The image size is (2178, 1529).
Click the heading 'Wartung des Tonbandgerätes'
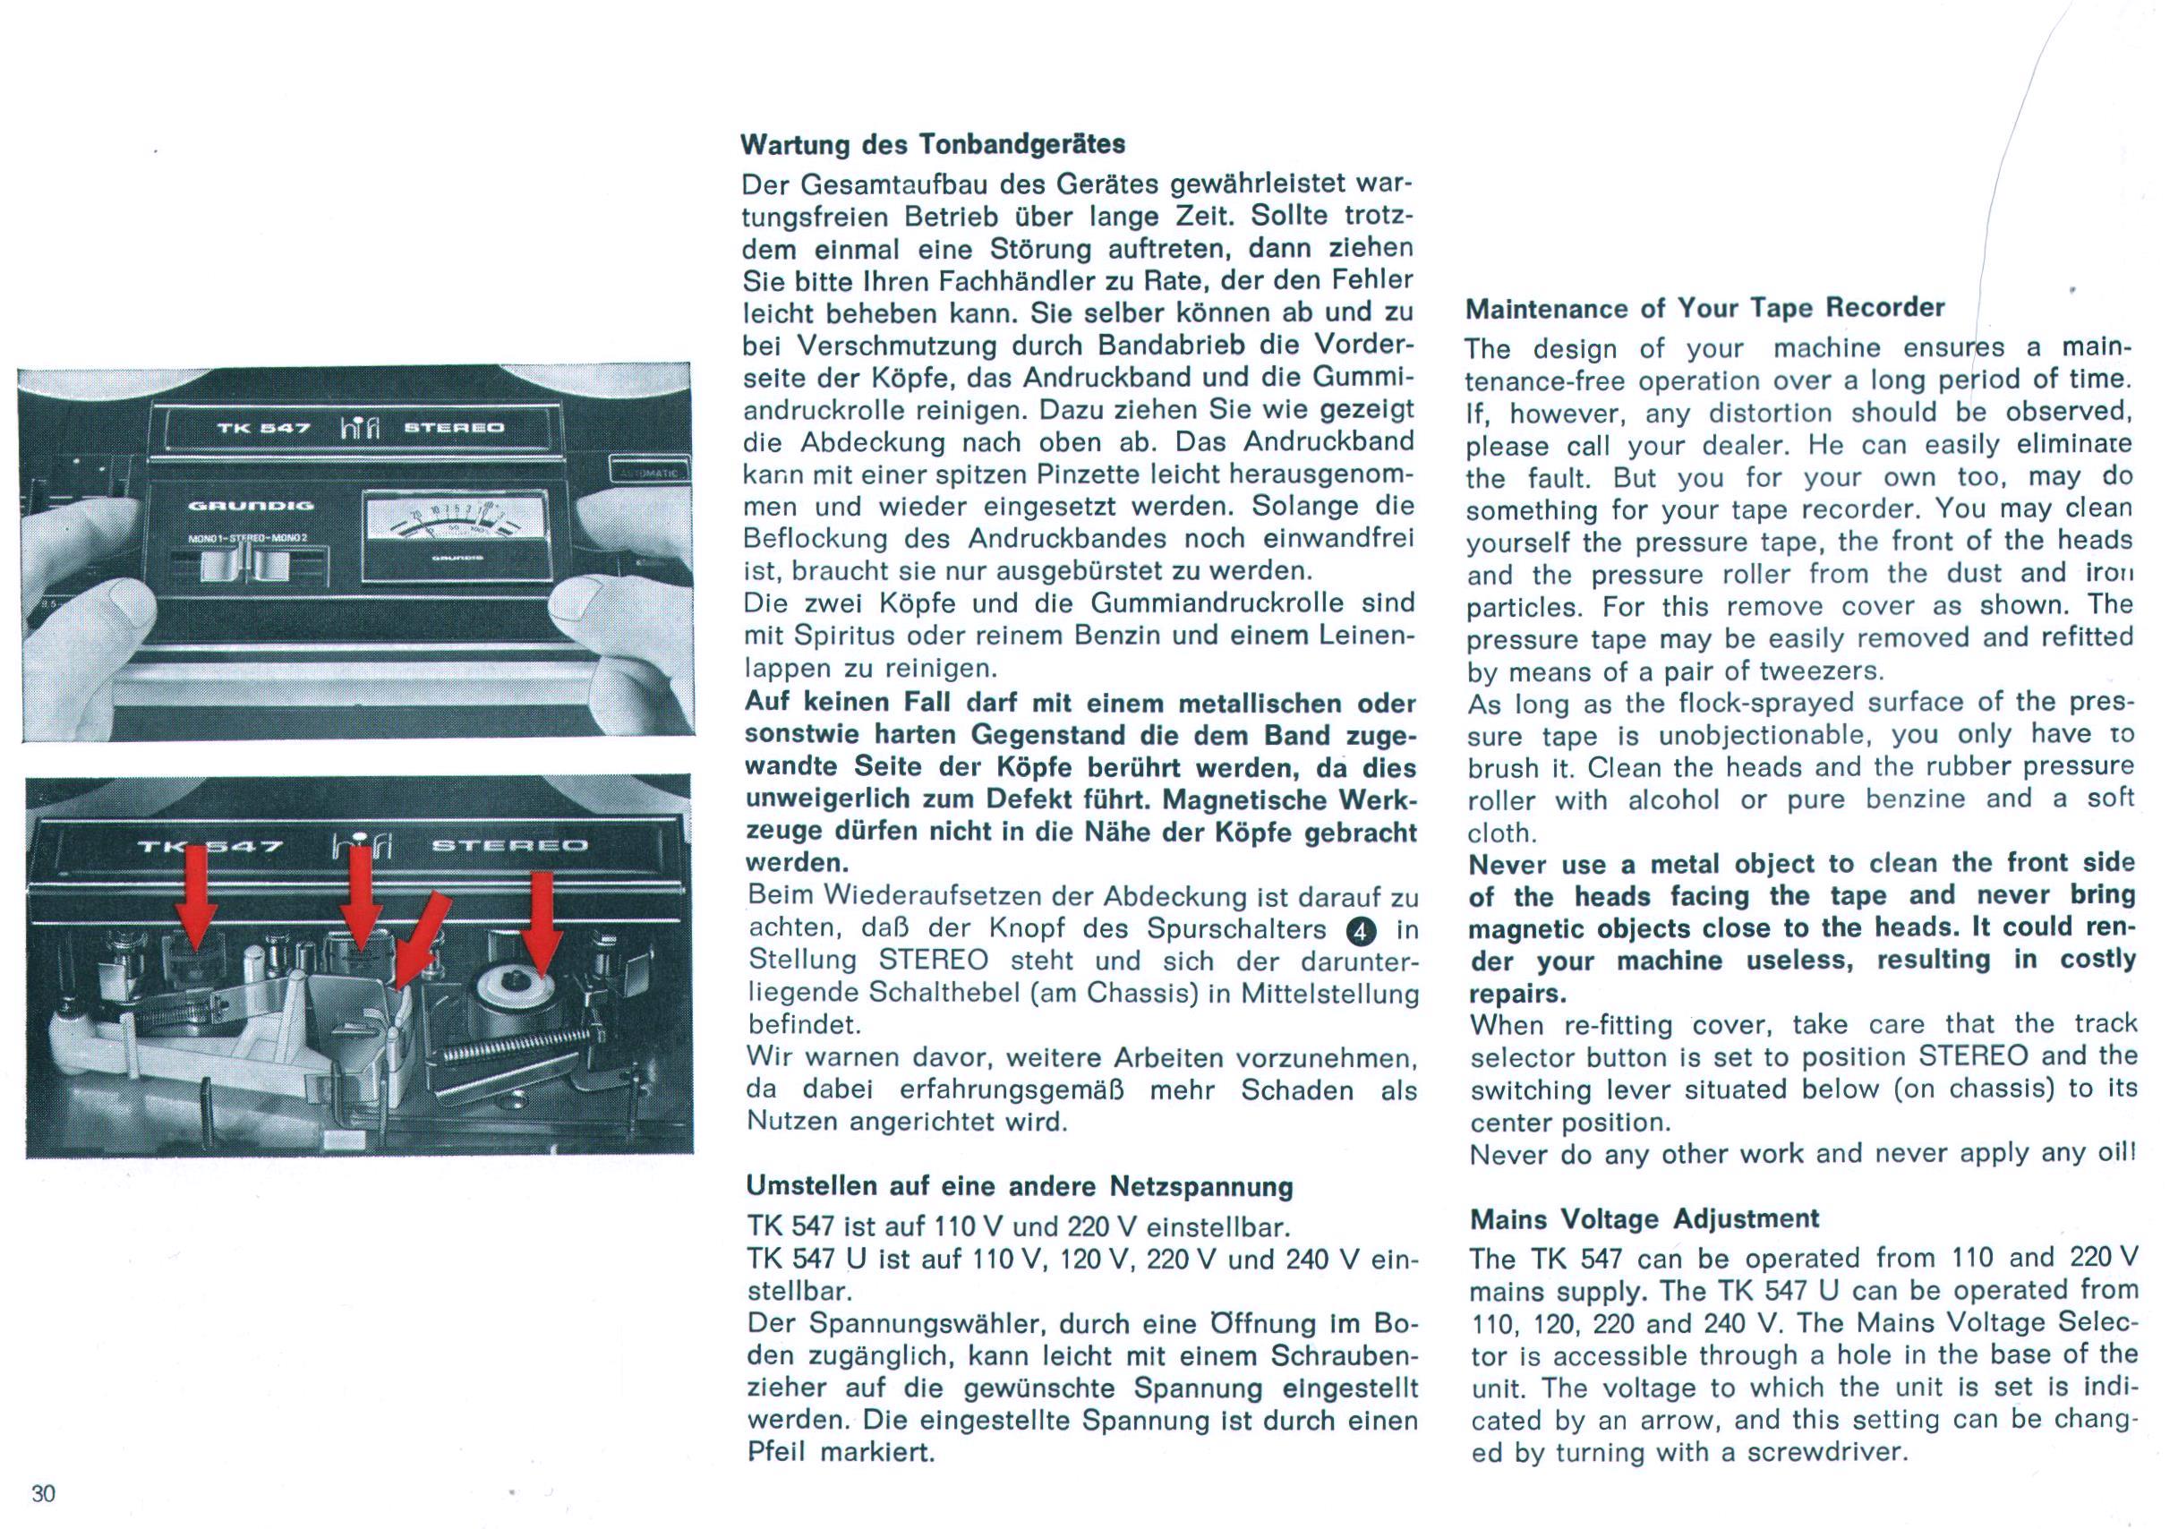[x=932, y=144]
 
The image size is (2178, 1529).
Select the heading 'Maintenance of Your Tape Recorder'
[x=1704, y=308]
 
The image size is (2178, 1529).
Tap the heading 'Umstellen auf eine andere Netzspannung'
[x=1020, y=1187]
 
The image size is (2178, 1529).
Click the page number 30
[x=44, y=1493]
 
